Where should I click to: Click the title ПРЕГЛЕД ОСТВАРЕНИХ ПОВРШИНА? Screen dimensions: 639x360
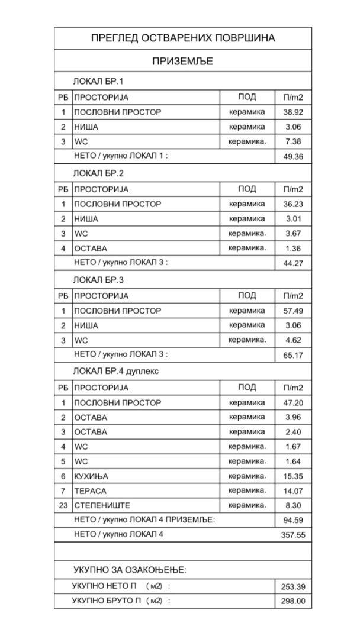click(x=183, y=38)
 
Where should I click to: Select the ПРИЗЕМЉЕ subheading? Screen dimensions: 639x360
click(x=183, y=62)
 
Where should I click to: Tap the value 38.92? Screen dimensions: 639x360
click(x=292, y=112)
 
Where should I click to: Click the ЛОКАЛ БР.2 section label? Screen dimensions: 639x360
click(x=98, y=174)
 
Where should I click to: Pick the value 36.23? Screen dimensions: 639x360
click(x=292, y=204)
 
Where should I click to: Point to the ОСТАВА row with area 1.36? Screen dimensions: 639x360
click(x=91, y=248)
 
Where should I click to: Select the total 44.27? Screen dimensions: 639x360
click(x=292, y=263)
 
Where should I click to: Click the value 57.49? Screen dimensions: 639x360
click(x=292, y=311)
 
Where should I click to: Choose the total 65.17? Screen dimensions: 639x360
click(x=292, y=355)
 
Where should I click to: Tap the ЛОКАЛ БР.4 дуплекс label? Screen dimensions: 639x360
click(x=115, y=372)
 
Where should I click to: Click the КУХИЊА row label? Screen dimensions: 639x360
click(x=91, y=476)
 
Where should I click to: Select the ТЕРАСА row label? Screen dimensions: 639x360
click(x=90, y=491)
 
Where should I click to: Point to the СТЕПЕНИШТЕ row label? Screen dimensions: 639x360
click(x=102, y=506)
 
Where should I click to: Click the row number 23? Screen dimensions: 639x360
click(x=63, y=506)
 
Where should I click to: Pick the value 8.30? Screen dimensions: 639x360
click(x=292, y=506)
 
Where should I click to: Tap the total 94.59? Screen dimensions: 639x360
click(x=292, y=521)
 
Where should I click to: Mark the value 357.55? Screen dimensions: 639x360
click(x=292, y=535)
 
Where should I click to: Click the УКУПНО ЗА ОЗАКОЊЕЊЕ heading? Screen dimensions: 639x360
click(x=130, y=570)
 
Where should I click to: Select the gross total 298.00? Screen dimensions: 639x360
click(x=292, y=601)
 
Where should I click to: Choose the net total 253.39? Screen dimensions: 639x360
click(x=292, y=587)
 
